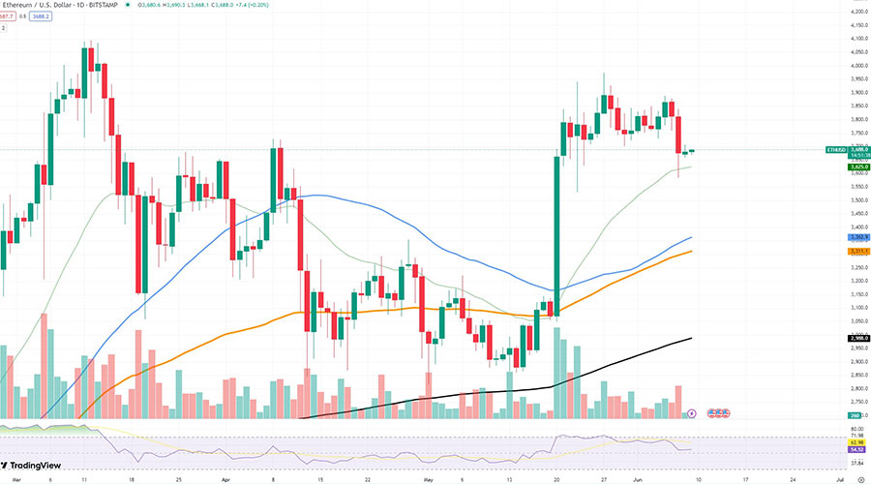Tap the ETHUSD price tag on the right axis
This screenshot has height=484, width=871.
837,150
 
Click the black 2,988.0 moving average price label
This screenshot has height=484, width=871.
856,338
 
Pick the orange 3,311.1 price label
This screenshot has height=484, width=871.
856,251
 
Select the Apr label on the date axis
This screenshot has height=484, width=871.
225,478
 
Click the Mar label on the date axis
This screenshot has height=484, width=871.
4,478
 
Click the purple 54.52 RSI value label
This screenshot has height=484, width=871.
856,450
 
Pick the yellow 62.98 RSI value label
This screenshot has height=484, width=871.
856,442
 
